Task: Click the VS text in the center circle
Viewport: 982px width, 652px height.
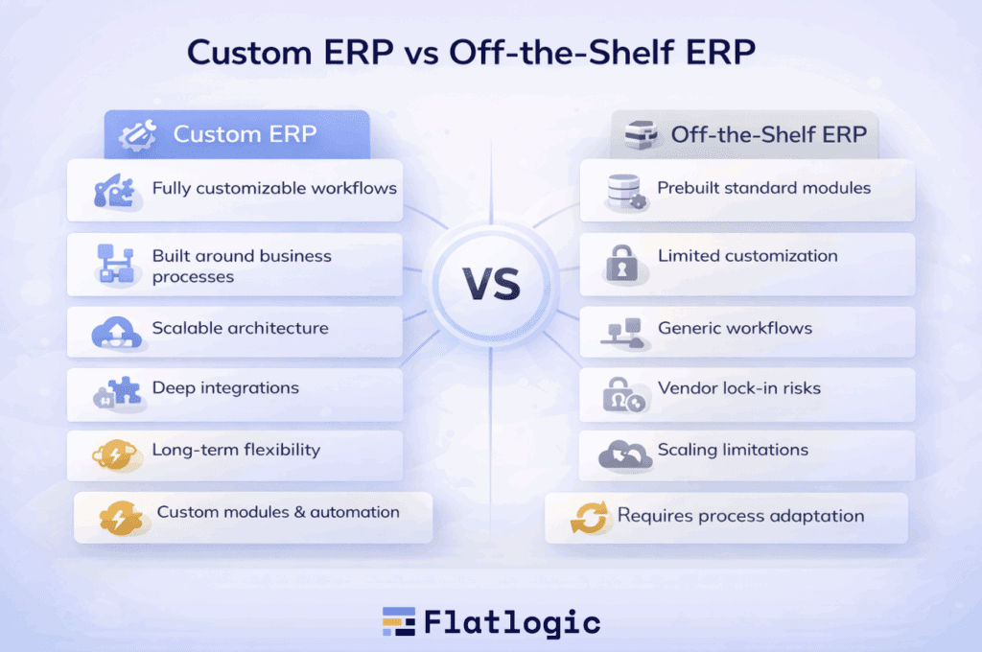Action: coord(492,284)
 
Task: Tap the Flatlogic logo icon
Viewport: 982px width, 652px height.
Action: coord(399,621)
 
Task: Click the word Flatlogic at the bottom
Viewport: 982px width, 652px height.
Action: coord(512,622)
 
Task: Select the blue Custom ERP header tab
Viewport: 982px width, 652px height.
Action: coord(237,134)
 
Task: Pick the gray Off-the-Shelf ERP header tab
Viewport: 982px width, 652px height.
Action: coord(744,134)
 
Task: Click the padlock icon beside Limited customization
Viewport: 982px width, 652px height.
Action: coord(621,264)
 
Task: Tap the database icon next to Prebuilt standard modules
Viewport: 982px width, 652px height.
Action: coord(625,192)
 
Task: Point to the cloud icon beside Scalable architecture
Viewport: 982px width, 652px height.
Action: coord(116,333)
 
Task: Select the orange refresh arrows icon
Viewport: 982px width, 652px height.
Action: coord(589,518)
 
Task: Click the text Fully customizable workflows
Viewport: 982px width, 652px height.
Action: coord(274,189)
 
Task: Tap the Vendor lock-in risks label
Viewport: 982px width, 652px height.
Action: coord(739,388)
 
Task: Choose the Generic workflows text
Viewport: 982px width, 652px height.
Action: coord(735,328)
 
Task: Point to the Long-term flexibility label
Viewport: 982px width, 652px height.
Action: coord(236,451)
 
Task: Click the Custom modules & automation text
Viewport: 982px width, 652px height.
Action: coord(278,512)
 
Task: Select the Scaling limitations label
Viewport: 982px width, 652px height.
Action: coord(733,451)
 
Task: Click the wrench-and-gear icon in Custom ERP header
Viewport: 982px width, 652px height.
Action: coord(138,134)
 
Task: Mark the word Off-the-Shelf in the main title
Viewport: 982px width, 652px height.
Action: coord(560,52)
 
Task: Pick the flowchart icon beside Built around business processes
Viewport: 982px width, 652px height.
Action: coord(116,264)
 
